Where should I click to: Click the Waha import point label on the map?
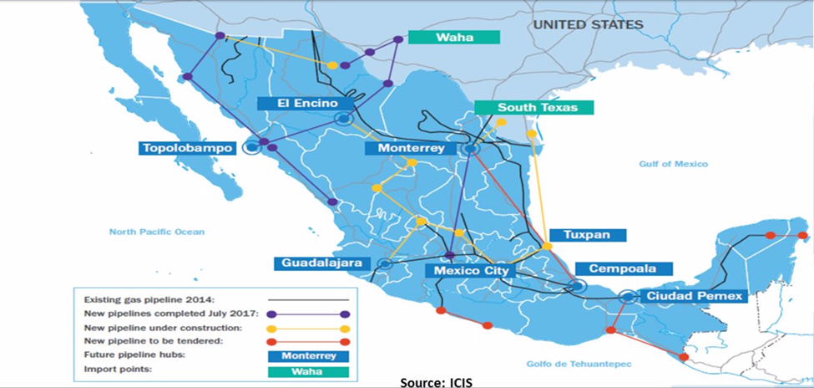coord(453,37)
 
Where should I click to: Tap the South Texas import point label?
coord(533,108)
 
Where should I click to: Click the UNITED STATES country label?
coord(588,25)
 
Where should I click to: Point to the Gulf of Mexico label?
coord(674,165)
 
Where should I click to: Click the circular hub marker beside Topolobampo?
coord(250,147)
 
